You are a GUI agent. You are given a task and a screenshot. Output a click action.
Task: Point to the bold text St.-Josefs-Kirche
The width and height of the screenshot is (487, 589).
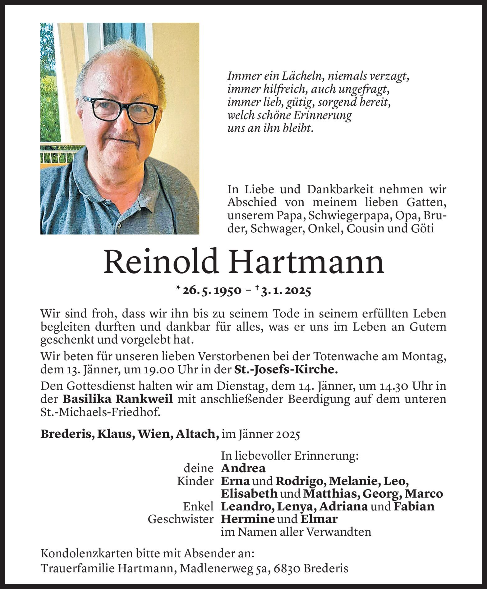coord(286,369)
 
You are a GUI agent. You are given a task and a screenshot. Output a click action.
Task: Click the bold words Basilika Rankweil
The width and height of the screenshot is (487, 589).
coord(117,399)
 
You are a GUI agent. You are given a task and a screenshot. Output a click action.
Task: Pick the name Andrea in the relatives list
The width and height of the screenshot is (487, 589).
coord(243,468)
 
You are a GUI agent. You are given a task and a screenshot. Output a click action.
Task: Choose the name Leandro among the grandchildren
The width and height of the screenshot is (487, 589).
coord(247,507)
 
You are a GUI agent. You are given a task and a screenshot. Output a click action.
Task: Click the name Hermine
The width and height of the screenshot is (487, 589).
coord(248,519)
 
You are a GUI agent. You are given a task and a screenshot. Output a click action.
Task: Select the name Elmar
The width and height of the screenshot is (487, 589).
coord(319,519)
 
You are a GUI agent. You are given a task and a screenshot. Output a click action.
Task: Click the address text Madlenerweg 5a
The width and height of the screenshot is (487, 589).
coord(222,568)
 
